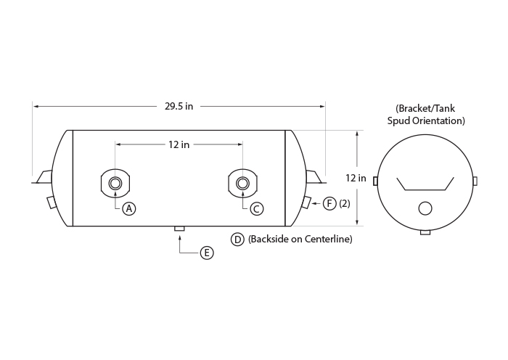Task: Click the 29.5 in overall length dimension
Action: pyautogui.click(x=179, y=106)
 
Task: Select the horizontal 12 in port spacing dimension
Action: pyautogui.click(x=179, y=144)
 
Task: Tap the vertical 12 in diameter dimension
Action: pyautogui.click(x=356, y=178)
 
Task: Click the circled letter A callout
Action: pyautogui.click(x=129, y=209)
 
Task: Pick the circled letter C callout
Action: pyautogui.click(x=257, y=209)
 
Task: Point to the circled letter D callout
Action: pyautogui.click(x=237, y=240)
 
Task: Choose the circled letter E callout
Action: pyautogui.click(x=207, y=253)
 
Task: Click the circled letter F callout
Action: pyautogui.click(x=329, y=203)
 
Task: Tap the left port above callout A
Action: pyautogui.click(x=115, y=184)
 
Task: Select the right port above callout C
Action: pyautogui.click(x=242, y=184)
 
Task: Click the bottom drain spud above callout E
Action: pyautogui.click(x=179, y=229)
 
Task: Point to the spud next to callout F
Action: pyautogui.click(x=306, y=202)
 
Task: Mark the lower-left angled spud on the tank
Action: pyautogui.click(x=52, y=202)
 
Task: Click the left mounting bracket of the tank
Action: pyautogui.click(x=43, y=177)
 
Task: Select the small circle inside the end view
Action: pyautogui.click(x=425, y=208)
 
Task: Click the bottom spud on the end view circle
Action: pyautogui.click(x=425, y=232)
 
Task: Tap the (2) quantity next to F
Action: pyautogui.click(x=345, y=203)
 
